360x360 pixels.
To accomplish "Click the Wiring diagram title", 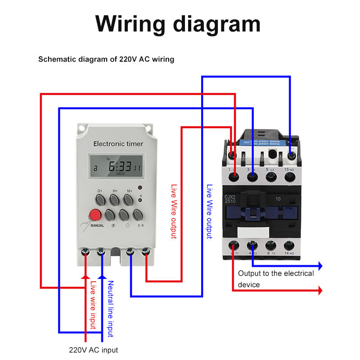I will [178, 23].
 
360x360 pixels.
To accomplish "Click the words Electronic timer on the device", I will [118, 144].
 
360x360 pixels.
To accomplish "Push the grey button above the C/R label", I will [140, 213].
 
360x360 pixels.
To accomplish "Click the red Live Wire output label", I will [174, 211].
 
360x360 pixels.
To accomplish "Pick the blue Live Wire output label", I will [209, 211].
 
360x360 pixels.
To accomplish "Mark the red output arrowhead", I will [320, 291].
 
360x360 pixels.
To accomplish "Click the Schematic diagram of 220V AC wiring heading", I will [106, 59].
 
